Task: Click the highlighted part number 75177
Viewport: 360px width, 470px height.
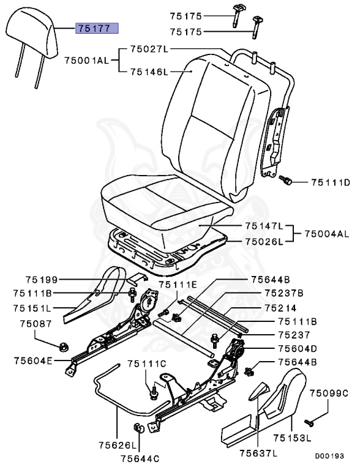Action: [96, 28]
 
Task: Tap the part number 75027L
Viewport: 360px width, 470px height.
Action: [148, 48]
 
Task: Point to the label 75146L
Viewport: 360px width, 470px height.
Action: [148, 72]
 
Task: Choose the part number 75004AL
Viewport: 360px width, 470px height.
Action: [327, 233]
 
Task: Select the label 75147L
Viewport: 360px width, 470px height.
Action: [264, 226]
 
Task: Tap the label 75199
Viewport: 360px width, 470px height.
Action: [42, 280]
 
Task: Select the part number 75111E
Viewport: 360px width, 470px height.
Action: [178, 285]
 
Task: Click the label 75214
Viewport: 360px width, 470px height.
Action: [296, 308]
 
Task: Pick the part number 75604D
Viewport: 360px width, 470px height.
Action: [296, 348]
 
